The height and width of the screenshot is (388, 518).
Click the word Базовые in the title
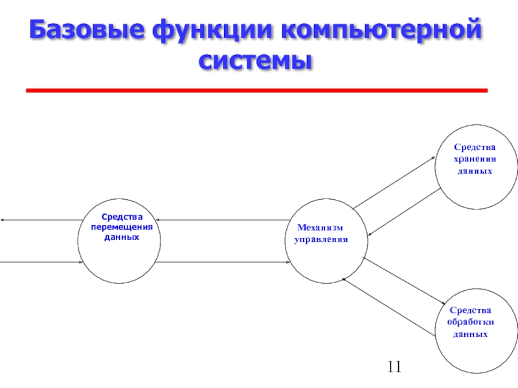[x=87, y=29]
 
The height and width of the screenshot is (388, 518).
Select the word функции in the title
[x=212, y=30]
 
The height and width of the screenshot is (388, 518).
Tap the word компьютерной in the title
[x=381, y=29]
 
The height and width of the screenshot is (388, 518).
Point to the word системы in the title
[x=255, y=60]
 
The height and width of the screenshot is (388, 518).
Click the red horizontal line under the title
[x=256, y=91]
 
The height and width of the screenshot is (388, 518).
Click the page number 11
[x=394, y=367]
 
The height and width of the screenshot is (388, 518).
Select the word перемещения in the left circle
[x=122, y=228]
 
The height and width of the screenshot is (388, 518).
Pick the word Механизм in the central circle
[x=320, y=228]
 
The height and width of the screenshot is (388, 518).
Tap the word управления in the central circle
[x=321, y=239]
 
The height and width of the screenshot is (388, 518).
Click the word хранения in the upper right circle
[x=475, y=159]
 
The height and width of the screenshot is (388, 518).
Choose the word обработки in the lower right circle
[x=471, y=322]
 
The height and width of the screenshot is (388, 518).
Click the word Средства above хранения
[x=475, y=147]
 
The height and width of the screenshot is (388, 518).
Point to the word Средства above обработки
[x=471, y=310]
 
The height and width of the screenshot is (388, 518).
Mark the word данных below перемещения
[x=122, y=237]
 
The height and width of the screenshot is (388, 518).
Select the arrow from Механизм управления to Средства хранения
[x=394, y=183]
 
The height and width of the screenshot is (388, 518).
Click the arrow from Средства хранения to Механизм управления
[x=404, y=212]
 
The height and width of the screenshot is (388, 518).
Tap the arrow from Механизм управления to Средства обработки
[x=403, y=281]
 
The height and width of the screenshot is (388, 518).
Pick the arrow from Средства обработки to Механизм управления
[x=388, y=307]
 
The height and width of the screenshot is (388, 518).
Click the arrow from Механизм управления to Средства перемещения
[x=223, y=220]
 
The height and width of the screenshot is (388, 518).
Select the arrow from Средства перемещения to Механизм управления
[x=223, y=263]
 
